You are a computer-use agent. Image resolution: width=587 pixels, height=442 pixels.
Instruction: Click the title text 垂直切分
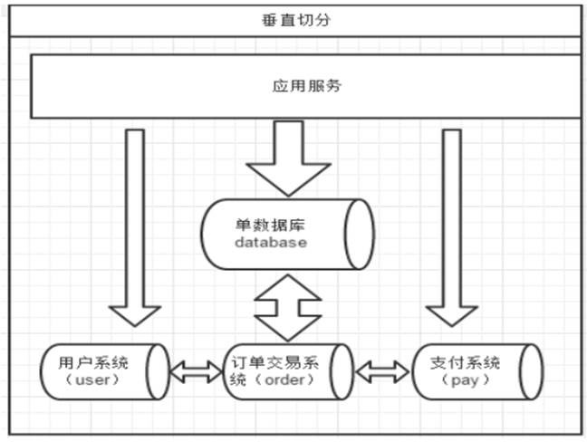coord(295,20)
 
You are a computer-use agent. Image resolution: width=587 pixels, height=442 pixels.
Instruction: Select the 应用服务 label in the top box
coord(306,86)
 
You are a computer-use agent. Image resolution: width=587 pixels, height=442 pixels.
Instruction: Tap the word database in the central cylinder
coord(271,242)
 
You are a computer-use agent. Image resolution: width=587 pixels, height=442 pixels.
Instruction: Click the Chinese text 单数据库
coord(270,225)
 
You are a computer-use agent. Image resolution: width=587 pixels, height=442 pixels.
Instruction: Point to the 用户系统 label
coord(93,362)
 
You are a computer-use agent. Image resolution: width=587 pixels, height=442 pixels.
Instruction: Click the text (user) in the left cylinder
coord(92,380)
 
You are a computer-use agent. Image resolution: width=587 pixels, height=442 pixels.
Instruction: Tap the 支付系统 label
coord(466,362)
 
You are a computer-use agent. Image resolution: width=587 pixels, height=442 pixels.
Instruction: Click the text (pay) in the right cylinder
coord(466,380)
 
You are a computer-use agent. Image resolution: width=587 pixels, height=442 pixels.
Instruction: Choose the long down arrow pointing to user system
coord(135,228)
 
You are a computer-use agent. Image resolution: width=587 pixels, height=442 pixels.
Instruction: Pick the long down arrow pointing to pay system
coord(452,228)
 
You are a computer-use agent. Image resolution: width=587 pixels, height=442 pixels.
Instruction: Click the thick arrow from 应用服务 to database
coord(288,158)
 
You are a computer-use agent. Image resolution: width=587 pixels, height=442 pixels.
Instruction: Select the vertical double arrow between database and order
coord(287,308)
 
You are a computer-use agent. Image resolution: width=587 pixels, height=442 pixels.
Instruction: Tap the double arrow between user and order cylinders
coord(197,371)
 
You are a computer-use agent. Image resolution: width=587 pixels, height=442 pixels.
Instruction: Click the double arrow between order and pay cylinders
coord(382,371)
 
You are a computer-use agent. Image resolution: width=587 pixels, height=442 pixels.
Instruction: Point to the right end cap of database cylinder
coord(360,235)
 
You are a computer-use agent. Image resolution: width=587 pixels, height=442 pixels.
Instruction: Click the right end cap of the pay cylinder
coord(532,371)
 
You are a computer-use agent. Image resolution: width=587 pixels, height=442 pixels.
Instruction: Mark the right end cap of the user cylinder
coord(158,371)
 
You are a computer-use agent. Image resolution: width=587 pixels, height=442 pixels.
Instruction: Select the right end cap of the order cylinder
coord(342,371)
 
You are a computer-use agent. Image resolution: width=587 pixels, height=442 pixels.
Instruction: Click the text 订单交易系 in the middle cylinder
coord(274,362)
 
